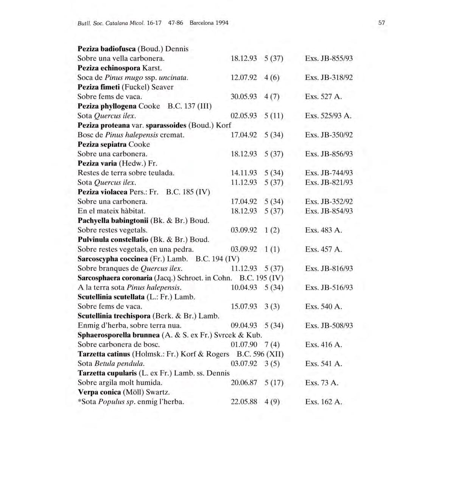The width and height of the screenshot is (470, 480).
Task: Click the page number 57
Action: click(x=381, y=23)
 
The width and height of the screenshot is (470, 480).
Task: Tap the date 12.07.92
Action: click(x=244, y=78)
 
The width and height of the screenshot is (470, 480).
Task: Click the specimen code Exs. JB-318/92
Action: click(x=329, y=78)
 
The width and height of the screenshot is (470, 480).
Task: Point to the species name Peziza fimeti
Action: click(x=99, y=87)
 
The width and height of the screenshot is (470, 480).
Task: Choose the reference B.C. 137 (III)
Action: click(x=190, y=106)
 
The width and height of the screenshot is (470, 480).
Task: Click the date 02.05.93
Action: click(x=244, y=116)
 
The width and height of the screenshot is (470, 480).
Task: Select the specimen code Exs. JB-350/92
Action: click(x=329, y=135)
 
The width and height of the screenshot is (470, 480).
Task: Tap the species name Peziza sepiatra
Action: click(x=102, y=144)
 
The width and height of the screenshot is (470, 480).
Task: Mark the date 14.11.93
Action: click(x=244, y=173)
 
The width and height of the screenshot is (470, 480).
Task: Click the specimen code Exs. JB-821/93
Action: click(x=329, y=182)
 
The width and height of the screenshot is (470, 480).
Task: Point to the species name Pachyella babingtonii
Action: click(x=113, y=221)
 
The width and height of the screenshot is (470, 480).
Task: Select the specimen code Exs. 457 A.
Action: click(x=324, y=249)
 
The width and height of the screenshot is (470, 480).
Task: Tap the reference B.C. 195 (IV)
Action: click(x=261, y=278)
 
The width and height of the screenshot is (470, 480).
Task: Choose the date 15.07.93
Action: click(x=244, y=306)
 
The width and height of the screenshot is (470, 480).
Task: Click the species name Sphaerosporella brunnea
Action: click(x=118, y=335)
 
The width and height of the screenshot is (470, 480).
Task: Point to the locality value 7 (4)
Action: click(x=272, y=345)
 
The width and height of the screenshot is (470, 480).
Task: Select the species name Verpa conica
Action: click(x=99, y=392)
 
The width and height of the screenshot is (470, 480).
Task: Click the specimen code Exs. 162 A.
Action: click(x=324, y=402)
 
